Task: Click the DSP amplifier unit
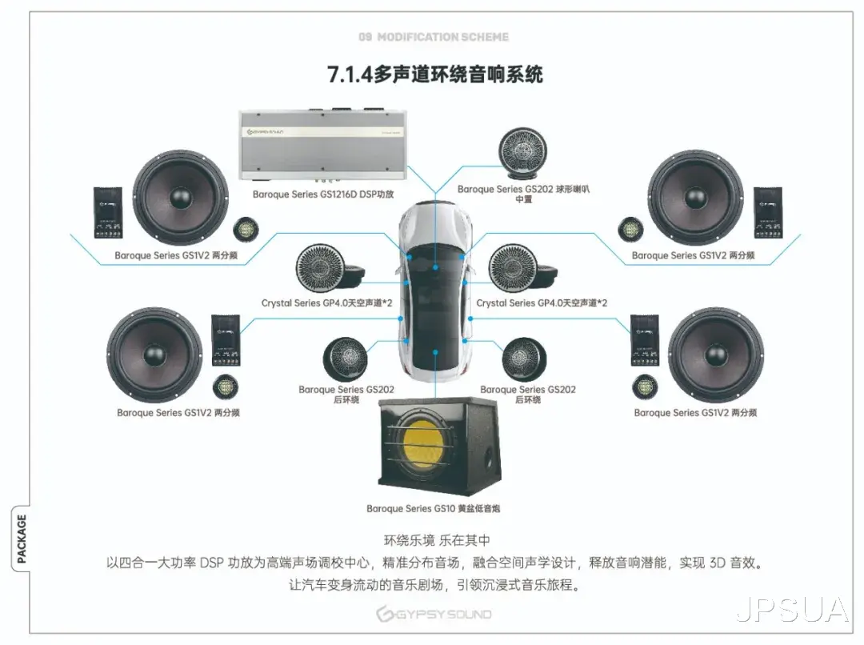323,144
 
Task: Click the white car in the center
435,290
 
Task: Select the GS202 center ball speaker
522,154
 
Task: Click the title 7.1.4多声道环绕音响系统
435,74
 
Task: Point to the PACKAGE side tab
21,539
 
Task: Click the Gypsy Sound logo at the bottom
434,614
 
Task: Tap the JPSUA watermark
792,610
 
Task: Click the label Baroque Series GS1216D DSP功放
323,194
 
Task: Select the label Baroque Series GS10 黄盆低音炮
433,508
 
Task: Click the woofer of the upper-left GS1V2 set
181,198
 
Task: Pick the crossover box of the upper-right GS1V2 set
767,213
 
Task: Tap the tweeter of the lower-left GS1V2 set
226,387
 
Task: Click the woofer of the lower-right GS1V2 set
716,355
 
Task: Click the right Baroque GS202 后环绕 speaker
524,359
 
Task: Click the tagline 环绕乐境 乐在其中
437,540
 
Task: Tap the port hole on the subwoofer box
488,459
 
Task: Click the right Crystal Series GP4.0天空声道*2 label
542,302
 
